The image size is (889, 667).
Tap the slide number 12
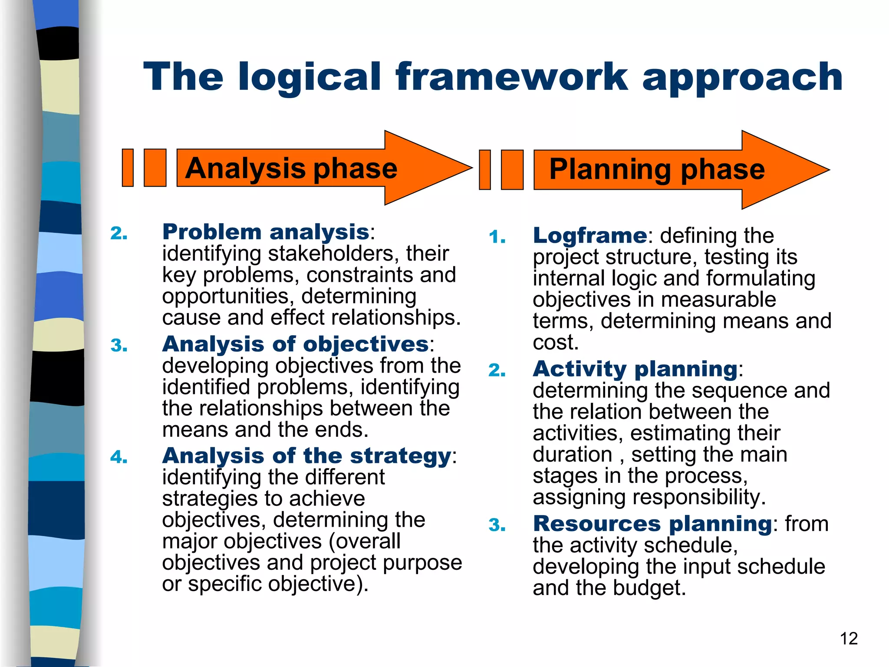point(849,639)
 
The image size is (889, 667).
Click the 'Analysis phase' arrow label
point(291,168)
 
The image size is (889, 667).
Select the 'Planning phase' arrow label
point(656,169)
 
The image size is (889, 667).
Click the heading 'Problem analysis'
point(265,232)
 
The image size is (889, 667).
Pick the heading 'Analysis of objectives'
point(295,344)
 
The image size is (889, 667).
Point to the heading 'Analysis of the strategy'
point(306,456)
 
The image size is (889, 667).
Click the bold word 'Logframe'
point(589,236)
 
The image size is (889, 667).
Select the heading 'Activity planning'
point(635,369)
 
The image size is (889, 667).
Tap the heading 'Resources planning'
point(652,524)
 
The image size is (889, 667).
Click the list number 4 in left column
point(119,457)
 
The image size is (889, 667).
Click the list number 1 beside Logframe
point(497,238)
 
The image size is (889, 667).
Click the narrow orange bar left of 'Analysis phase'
point(128,168)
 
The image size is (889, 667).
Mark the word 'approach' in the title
point(742,77)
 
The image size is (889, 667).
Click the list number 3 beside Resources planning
point(497,525)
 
